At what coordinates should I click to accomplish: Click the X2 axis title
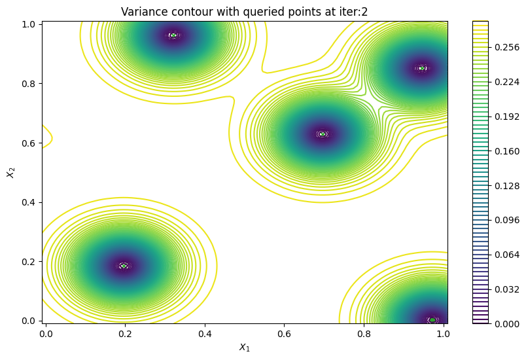pyautogui.click(x=10, y=171)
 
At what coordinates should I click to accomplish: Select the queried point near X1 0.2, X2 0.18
pyautogui.click(x=124, y=266)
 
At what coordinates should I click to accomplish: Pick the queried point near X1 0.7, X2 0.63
pyautogui.click(x=322, y=134)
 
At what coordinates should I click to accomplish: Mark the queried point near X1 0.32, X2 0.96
pyautogui.click(x=173, y=35)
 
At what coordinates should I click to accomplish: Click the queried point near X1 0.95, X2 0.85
pyautogui.click(x=422, y=68)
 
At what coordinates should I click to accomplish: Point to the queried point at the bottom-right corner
pyautogui.click(x=432, y=320)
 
